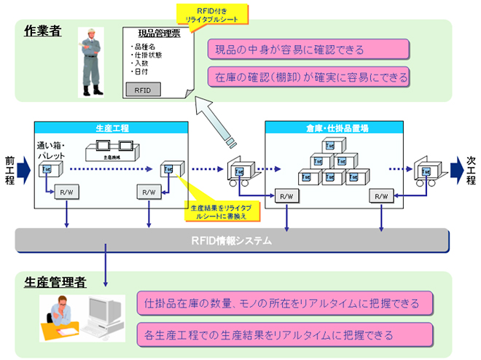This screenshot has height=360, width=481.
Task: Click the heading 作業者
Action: coord(42,32)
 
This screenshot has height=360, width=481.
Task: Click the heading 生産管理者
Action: coord(53,282)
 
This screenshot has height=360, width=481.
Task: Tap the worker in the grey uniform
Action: coord(93,62)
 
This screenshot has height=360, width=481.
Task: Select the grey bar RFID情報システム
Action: coord(232,238)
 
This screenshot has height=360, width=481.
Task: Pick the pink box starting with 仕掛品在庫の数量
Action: coord(287,302)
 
